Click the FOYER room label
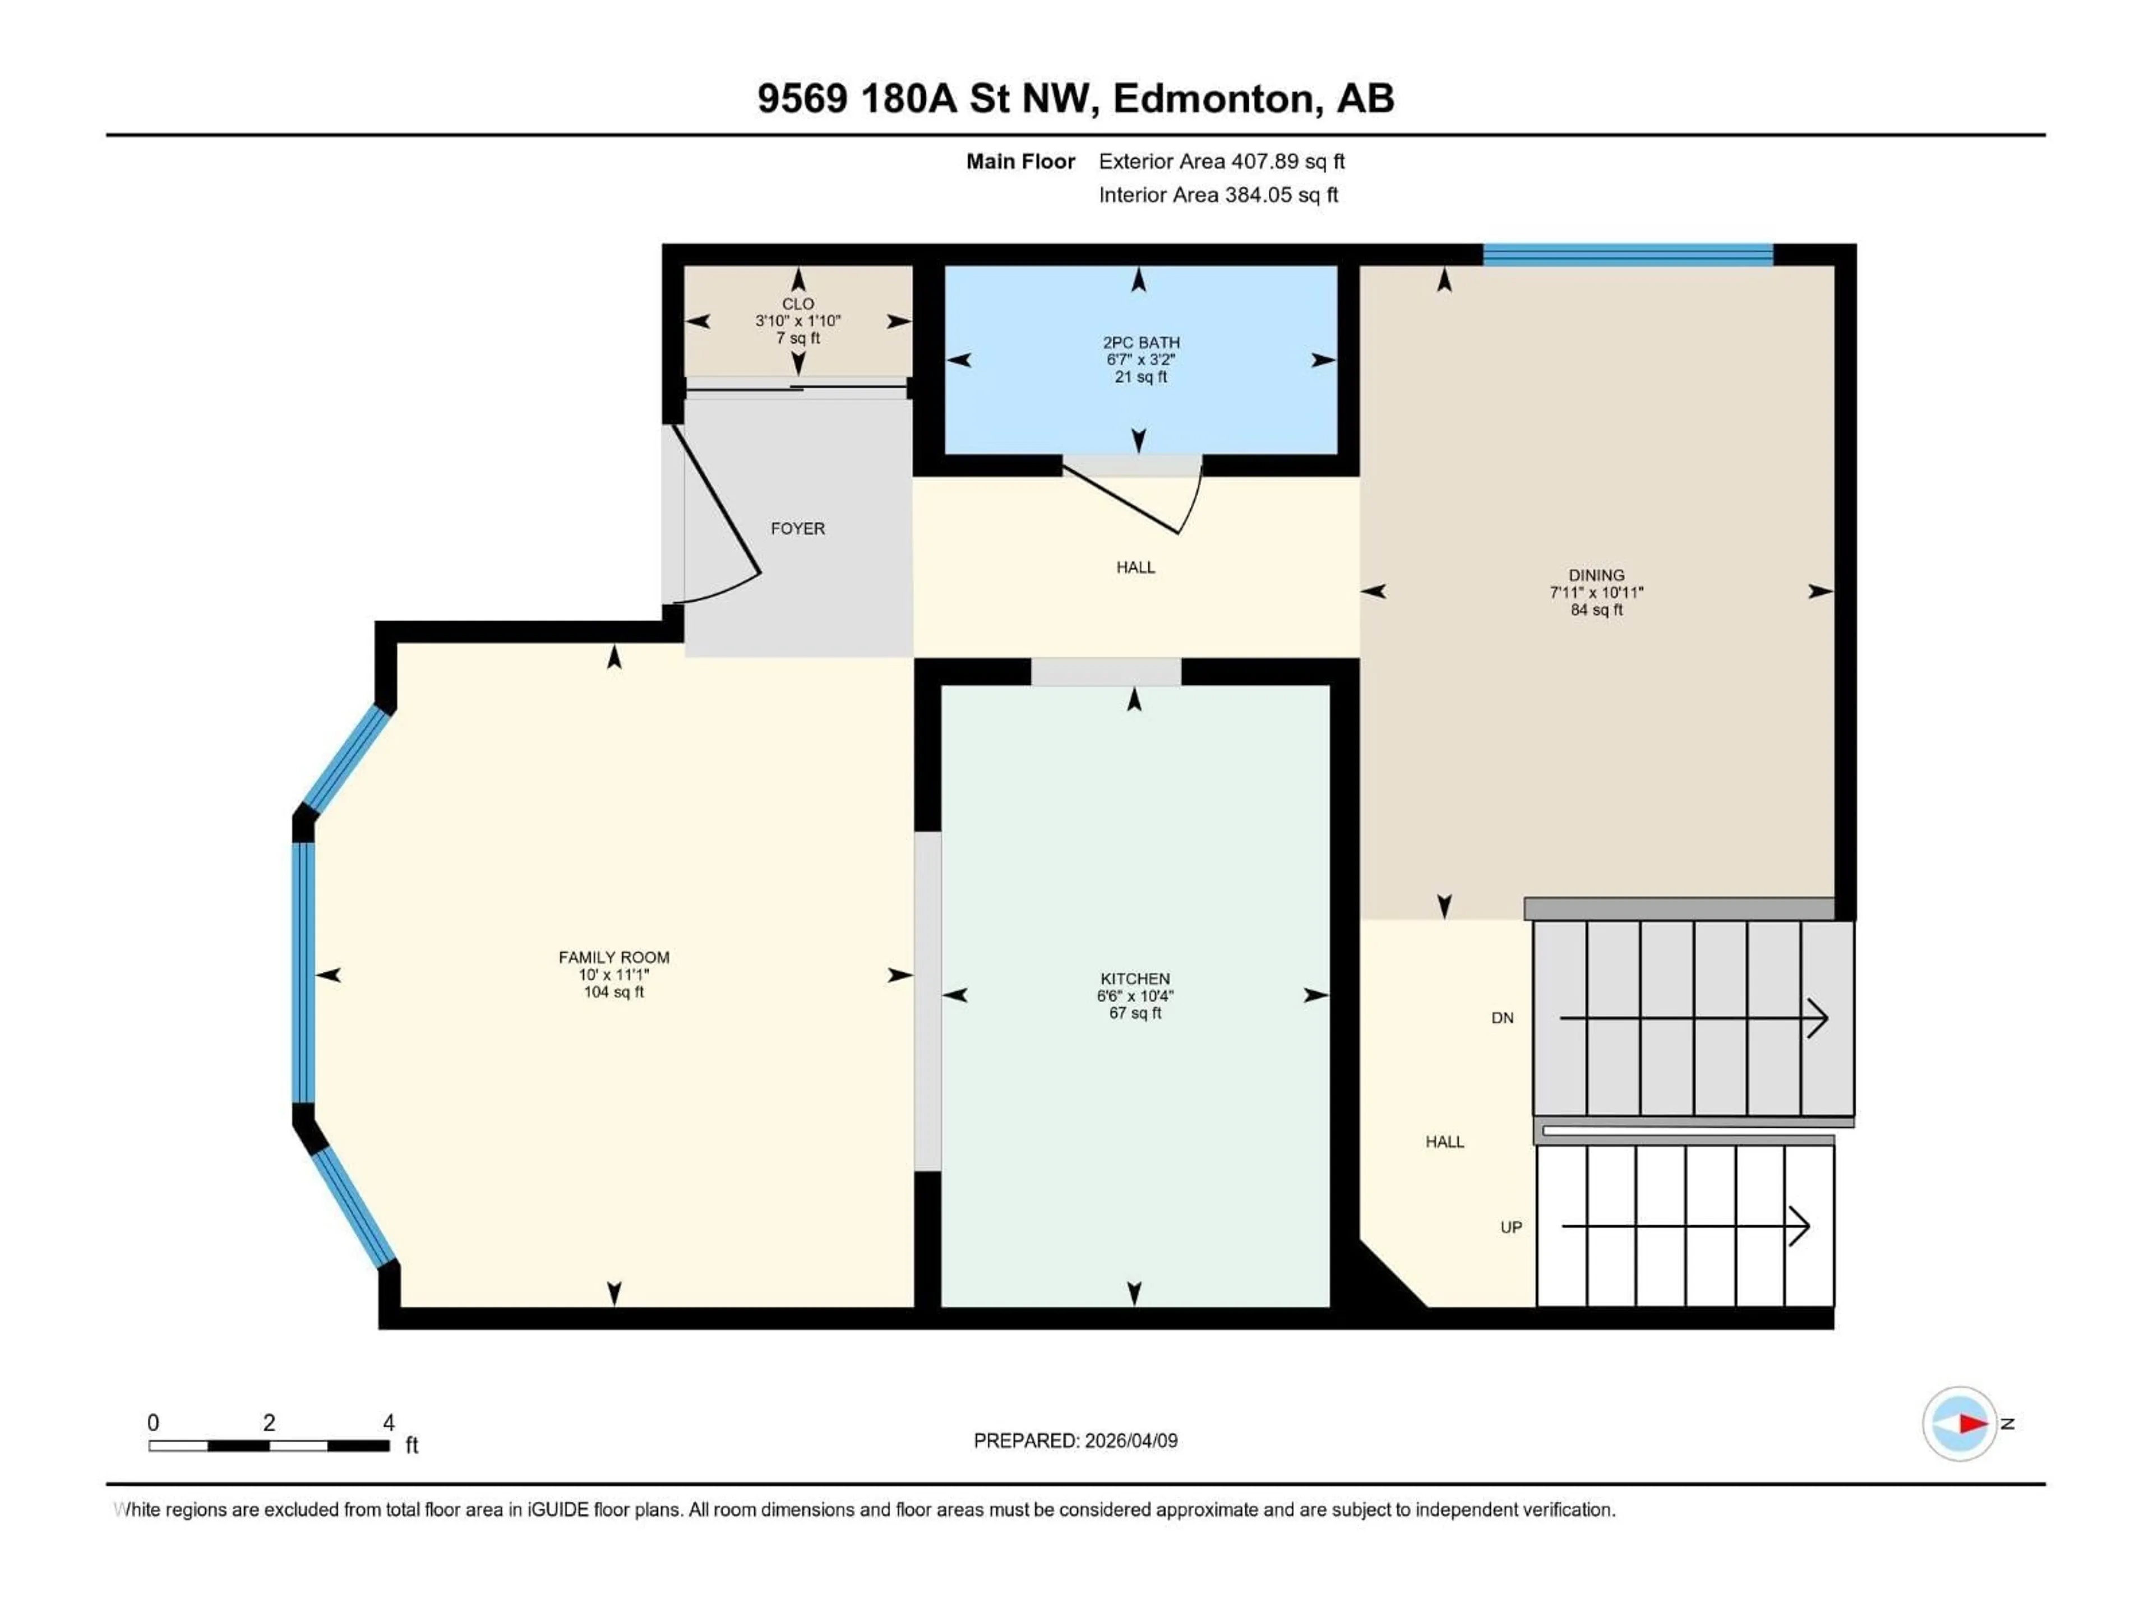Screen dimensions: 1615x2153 pos(797,529)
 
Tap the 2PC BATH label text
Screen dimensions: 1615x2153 pos(1141,343)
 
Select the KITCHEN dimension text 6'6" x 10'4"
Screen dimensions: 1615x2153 pos(1135,996)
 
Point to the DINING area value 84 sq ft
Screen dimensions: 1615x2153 pos(1596,610)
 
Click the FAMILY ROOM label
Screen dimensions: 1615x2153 pos(613,957)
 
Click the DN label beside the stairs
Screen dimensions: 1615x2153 pos(1502,1018)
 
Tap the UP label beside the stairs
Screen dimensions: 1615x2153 pos(1510,1228)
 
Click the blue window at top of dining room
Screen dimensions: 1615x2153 pos(1628,255)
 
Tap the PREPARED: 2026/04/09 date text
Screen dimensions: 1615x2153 pos(1075,1441)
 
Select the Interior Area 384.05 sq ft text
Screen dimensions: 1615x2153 pos(1218,195)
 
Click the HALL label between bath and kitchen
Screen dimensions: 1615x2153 pos(1135,567)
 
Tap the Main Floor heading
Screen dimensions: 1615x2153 pos(1020,161)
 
